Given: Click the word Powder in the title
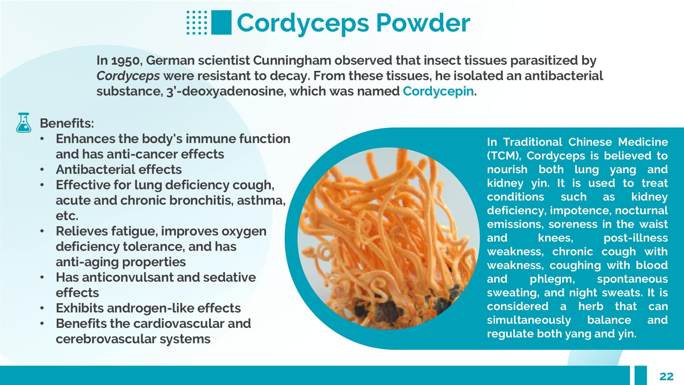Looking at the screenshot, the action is click(x=423, y=23).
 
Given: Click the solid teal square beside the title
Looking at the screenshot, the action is click(x=221, y=22).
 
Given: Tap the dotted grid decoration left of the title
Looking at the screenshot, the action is click(x=197, y=23).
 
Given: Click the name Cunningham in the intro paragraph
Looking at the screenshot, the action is click(x=292, y=60).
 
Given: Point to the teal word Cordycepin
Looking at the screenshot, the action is click(x=438, y=91).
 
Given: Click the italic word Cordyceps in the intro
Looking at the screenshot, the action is click(x=128, y=76).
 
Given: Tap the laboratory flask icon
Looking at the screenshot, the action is click(x=24, y=123).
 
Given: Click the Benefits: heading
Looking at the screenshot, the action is click(x=67, y=123).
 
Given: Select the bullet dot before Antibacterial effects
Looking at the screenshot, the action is click(x=42, y=170).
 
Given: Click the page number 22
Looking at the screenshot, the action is click(x=666, y=376).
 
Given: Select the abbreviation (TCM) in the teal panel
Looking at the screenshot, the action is click(x=504, y=156).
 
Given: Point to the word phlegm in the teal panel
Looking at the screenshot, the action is click(x=552, y=279).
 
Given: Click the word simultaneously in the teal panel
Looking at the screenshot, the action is click(x=529, y=320).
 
